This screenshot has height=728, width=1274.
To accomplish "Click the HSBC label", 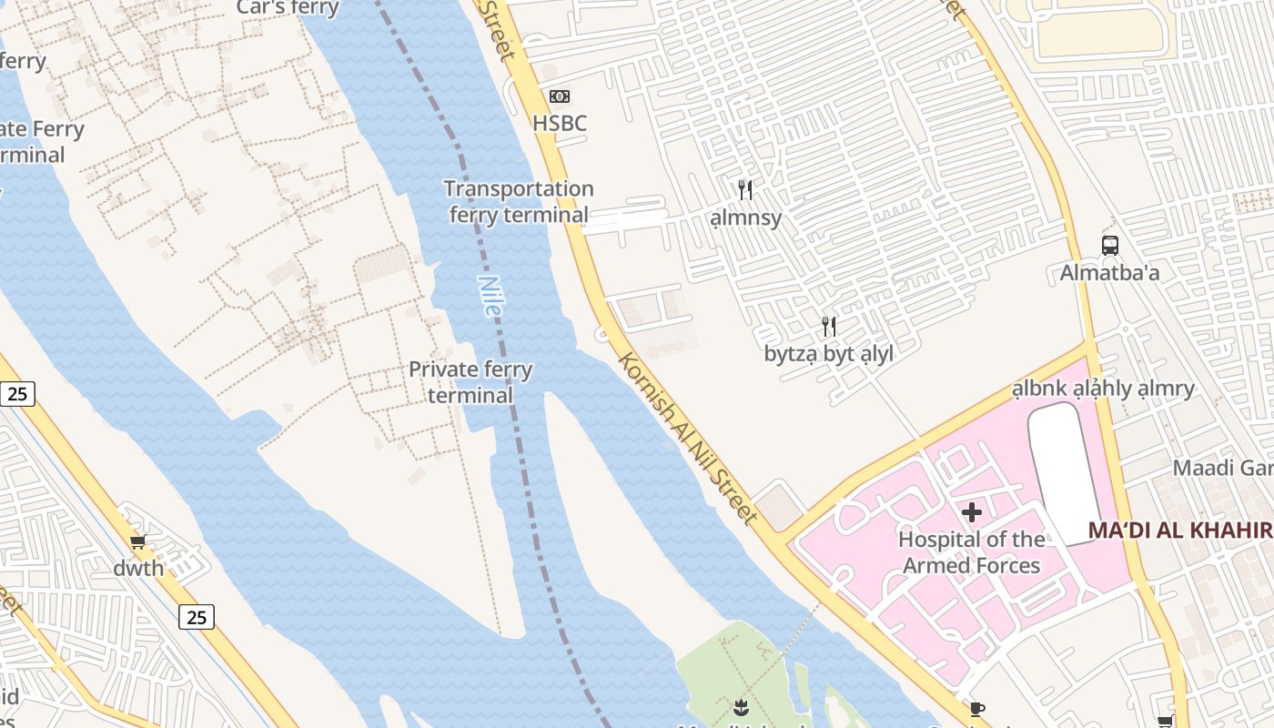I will [x=560, y=124].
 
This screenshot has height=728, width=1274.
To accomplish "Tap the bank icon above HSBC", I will [x=560, y=96].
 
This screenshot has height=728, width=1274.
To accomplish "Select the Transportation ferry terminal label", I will [x=520, y=202].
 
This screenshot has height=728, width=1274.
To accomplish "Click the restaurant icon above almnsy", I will [x=745, y=190].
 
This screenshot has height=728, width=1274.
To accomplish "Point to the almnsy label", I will [x=745, y=218].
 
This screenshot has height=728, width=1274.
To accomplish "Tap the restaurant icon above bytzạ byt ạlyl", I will [x=829, y=326].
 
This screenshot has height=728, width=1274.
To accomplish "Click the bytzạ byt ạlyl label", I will [x=829, y=354].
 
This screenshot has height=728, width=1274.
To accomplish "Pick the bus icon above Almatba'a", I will [x=1109, y=245].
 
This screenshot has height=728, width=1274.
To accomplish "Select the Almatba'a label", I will [x=1109, y=273].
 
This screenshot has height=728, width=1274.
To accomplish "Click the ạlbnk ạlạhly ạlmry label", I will [x=1103, y=389].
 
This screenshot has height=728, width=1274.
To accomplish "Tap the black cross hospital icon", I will [x=972, y=512].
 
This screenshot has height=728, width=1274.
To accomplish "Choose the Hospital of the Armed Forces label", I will [x=971, y=552].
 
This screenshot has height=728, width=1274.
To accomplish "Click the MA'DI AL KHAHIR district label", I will [x=1180, y=531].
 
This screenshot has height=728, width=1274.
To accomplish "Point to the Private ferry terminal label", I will [x=470, y=382].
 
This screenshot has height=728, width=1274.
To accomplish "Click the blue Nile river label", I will [x=490, y=297].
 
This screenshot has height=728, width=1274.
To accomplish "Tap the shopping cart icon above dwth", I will [x=138, y=542].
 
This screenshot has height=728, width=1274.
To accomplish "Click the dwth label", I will [x=138, y=569].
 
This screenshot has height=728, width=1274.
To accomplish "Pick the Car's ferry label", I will [x=288, y=8].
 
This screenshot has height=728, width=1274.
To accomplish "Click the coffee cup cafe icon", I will [x=977, y=709].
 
